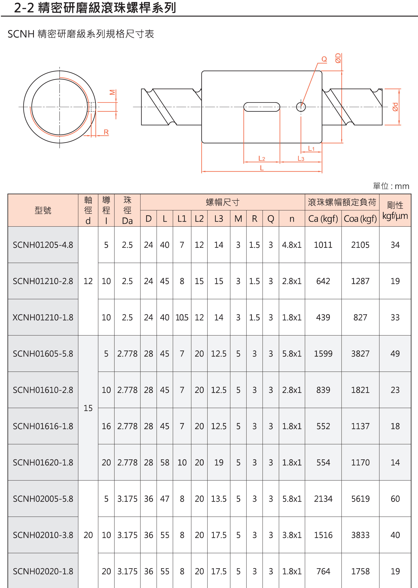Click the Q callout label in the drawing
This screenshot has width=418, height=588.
(x=324, y=59)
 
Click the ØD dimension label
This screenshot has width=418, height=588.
(x=338, y=58)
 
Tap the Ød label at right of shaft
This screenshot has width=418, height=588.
(x=395, y=107)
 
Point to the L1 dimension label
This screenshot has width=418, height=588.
(x=311, y=148)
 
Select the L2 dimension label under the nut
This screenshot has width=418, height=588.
(x=261, y=158)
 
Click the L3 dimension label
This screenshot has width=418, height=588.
(x=301, y=158)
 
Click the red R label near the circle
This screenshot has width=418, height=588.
(x=106, y=132)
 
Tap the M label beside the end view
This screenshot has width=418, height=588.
(x=112, y=92)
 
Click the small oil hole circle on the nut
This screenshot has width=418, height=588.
(x=301, y=107)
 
